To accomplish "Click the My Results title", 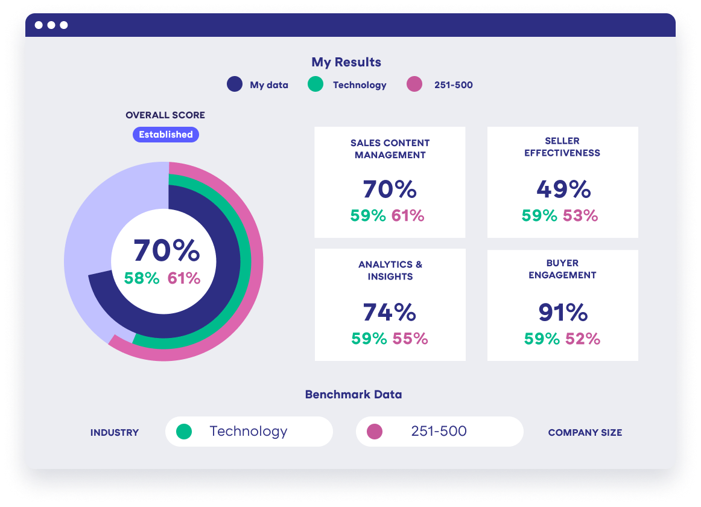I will [346, 62].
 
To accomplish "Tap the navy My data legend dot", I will [235, 84].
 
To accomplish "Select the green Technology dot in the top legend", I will [316, 84].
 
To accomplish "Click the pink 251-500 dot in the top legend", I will [414, 84].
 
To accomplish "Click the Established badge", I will [166, 135].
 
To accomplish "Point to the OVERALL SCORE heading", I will [165, 115].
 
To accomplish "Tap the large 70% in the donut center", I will [167, 250].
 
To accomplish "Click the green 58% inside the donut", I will [142, 278].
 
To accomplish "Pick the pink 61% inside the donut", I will [183, 278].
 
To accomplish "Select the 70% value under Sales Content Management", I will [390, 190].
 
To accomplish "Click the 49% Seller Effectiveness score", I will [563, 190].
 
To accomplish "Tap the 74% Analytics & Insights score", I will [390, 313].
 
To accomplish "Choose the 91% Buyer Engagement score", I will [563, 313].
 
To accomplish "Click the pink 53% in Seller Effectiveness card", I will [580, 215].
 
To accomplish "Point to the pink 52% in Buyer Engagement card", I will [583, 339].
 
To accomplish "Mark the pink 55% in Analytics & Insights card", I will [410, 339].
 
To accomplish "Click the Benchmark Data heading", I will [354, 395].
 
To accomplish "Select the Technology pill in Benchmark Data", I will [249, 432].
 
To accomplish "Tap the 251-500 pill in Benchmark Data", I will [439, 432].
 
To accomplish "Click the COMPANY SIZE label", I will [585, 433].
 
